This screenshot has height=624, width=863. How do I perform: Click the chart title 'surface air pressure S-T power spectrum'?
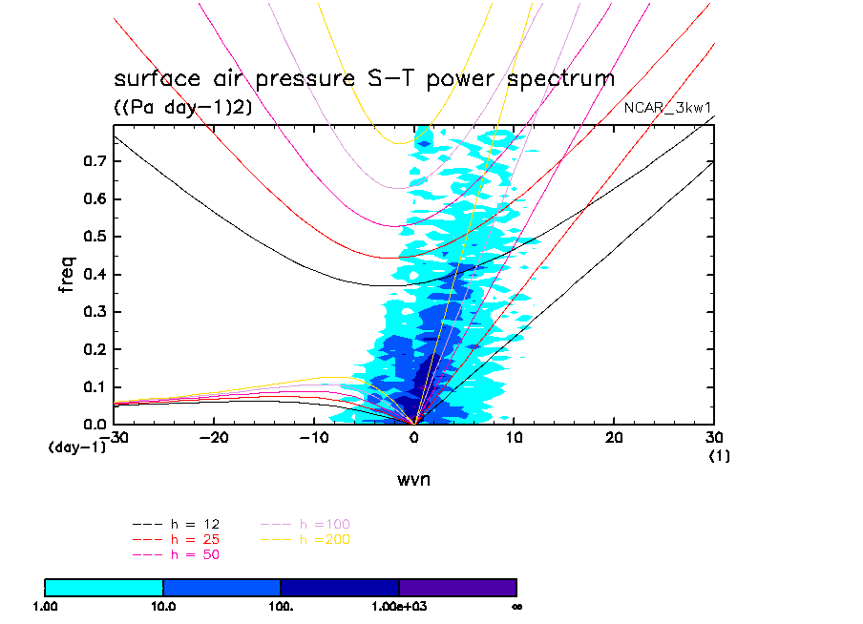(364, 78)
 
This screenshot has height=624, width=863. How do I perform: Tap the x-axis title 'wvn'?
(414, 479)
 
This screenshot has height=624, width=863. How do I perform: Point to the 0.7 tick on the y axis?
(95, 161)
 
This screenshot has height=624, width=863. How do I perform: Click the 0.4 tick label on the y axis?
(95, 275)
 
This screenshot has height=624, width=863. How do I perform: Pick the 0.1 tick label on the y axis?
(95, 386)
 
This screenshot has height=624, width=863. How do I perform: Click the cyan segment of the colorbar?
(104, 587)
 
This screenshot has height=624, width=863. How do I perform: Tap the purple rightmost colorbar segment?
(457, 587)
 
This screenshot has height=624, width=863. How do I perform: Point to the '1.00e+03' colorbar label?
(399, 606)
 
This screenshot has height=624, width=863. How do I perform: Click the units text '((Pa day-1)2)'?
(183, 108)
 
